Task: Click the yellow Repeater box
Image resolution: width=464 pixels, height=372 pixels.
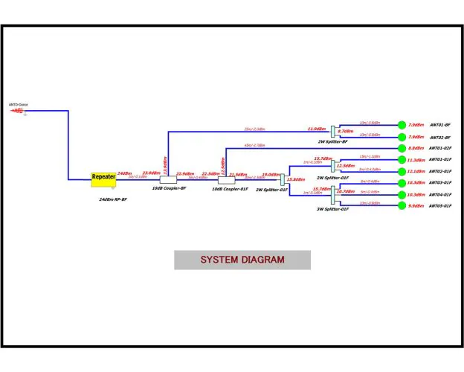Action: coord(103,179)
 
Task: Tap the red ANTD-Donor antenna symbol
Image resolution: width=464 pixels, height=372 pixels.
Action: coord(18,112)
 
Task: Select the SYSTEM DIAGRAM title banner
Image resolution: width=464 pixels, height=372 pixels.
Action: coord(242,260)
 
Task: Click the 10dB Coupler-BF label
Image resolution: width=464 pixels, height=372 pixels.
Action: coord(169,189)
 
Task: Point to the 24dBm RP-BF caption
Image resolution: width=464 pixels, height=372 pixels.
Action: coord(113,199)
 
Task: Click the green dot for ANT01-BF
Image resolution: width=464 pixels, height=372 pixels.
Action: coord(402,125)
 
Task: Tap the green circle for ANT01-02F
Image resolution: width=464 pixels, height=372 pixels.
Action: coord(402,149)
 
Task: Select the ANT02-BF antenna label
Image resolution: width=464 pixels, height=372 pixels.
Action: coord(440,138)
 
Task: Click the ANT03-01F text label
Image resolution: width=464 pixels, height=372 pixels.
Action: coord(440,183)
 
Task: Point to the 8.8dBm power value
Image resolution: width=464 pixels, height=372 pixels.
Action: coord(416,149)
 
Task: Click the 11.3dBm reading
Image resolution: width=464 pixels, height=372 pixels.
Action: coord(416,160)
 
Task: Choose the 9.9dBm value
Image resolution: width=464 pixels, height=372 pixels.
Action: coord(416,205)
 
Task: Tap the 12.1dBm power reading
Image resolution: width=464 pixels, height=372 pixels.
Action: coord(416,171)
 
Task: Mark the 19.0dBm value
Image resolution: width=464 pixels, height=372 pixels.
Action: coord(270,174)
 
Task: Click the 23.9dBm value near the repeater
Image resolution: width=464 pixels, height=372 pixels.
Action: coord(150,173)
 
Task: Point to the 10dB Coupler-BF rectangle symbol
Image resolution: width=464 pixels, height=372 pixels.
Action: coord(169,179)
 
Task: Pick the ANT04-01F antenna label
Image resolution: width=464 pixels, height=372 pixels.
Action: coord(440,194)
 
